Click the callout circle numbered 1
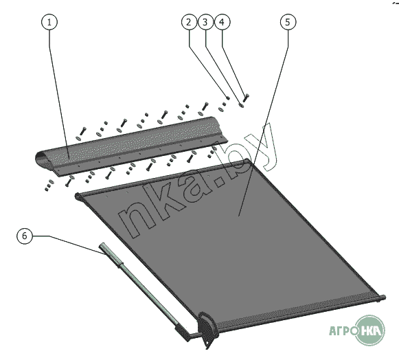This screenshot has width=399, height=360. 49,22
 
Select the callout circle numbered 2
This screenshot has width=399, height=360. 189,22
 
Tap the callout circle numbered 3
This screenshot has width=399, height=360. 205,22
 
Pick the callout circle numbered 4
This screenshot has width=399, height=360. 223,22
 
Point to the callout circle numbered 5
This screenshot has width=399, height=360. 288,22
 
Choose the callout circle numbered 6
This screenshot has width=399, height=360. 25,236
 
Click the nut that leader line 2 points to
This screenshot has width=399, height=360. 228,98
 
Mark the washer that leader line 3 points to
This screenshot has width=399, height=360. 241,104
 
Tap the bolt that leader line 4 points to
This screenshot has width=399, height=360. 246,98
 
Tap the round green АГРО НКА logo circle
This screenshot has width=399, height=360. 369,330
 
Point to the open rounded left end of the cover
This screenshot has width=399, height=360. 41,159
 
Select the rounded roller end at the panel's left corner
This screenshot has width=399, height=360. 78,196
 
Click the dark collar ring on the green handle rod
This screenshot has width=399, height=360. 120,265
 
